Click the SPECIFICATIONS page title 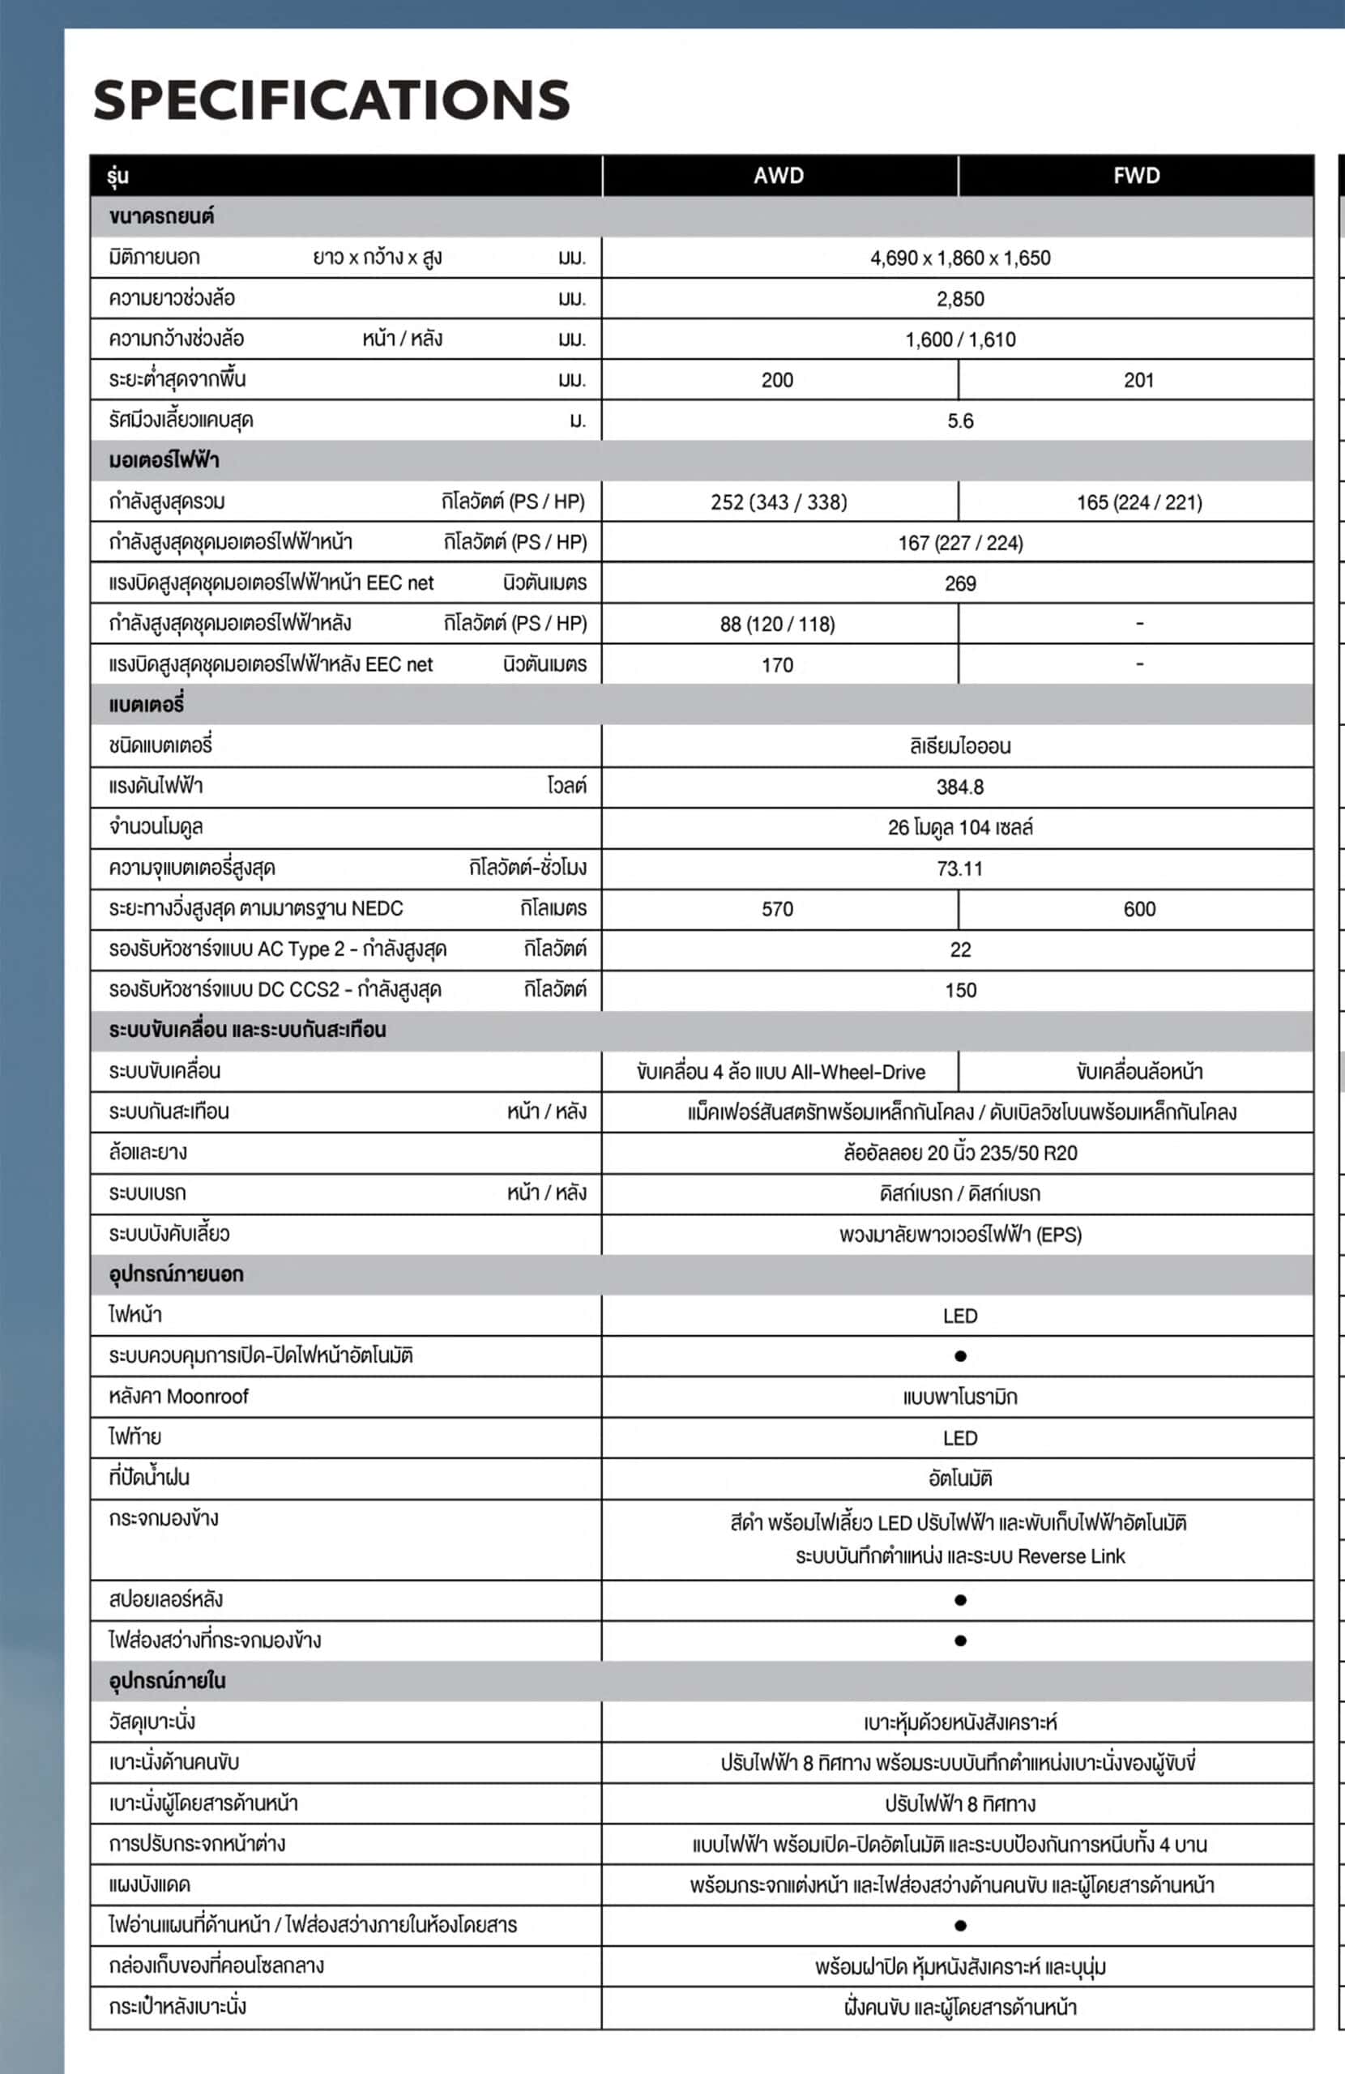(x=331, y=100)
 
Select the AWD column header (x=779, y=176)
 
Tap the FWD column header (x=1137, y=176)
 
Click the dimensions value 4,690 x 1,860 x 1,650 (x=959, y=258)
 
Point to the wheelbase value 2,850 (x=959, y=299)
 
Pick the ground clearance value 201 (x=1138, y=380)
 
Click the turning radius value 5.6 (x=959, y=421)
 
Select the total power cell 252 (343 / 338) (x=779, y=502)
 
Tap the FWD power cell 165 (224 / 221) (x=1138, y=502)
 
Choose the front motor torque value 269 (x=959, y=584)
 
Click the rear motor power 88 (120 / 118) (x=777, y=624)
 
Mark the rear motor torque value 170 (x=777, y=665)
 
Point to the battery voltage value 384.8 (x=959, y=787)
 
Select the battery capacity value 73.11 (x=959, y=868)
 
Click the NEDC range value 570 (x=777, y=909)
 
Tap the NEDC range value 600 (x=1138, y=909)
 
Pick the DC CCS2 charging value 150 (x=959, y=990)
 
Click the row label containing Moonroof (x=179, y=1396)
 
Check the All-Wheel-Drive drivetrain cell (x=780, y=1072)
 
